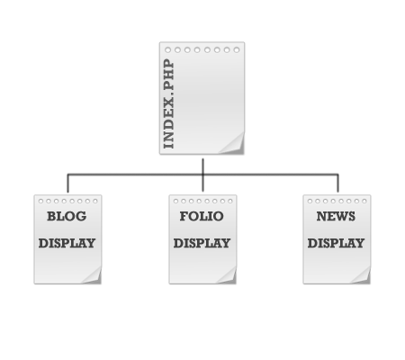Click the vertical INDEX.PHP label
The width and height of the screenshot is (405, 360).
click(x=168, y=103)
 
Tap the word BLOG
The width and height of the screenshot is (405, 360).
click(x=67, y=216)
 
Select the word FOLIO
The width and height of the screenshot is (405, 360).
click(x=202, y=216)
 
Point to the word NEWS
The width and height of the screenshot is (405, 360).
click(x=336, y=216)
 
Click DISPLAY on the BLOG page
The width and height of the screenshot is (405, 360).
click(x=67, y=243)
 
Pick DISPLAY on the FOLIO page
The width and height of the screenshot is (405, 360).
click(x=202, y=243)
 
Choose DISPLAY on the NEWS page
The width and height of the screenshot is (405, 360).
click(x=336, y=243)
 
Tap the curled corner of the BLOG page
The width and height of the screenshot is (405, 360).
click(x=93, y=276)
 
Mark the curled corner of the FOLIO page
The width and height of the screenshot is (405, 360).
click(x=228, y=276)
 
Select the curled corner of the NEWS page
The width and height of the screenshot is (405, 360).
click(x=362, y=276)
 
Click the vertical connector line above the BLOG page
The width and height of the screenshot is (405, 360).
click(x=67, y=183)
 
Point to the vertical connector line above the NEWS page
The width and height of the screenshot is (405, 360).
click(x=338, y=183)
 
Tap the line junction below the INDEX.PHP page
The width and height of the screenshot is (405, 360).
click(x=203, y=175)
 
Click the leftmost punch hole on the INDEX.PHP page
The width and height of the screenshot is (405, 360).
click(x=168, y=49)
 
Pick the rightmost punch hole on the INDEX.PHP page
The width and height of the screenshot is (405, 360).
click(x=237, y=49)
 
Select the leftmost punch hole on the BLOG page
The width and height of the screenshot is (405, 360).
click(x=40, y=201)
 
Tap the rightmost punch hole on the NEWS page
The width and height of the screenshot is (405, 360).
click(x=364, y=201)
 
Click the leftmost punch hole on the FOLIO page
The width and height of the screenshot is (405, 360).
click(x=175, y=201)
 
